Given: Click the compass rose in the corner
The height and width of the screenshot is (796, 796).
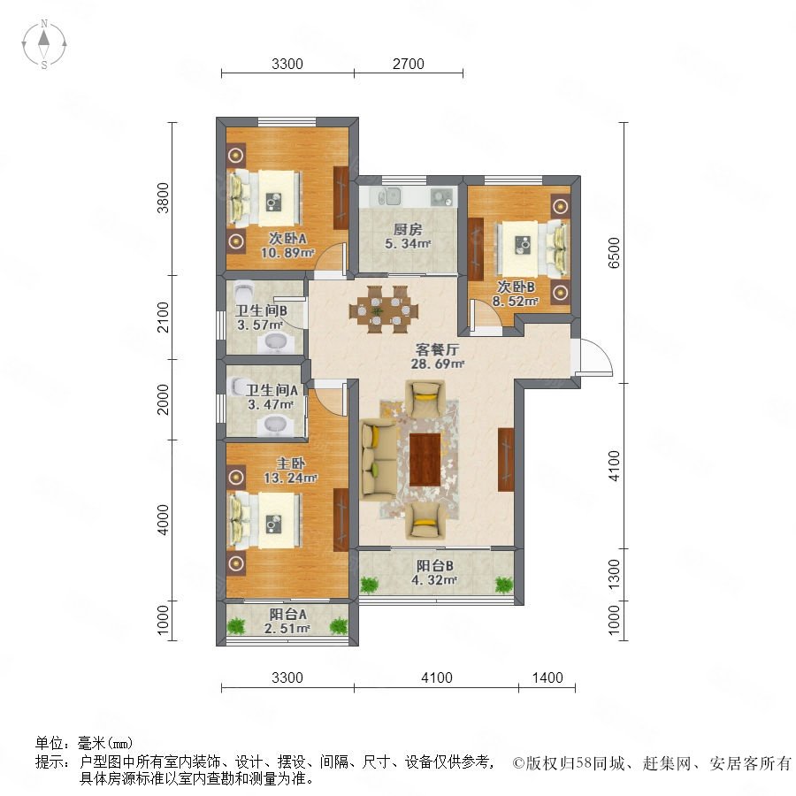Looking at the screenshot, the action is (44, 44).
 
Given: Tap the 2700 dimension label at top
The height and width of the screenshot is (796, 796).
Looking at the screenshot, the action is (408, 64).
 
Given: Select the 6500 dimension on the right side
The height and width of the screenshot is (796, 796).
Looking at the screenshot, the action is (614, 252).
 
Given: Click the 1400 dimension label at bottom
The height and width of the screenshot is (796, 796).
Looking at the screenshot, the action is (547, 677).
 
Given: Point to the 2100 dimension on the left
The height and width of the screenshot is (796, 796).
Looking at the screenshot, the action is (163, 317).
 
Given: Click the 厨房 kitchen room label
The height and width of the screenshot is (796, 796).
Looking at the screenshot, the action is (408, 229).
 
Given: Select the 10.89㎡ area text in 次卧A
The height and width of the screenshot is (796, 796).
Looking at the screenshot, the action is (287, 252).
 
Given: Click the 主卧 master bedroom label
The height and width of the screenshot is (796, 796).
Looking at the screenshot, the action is (290, 463).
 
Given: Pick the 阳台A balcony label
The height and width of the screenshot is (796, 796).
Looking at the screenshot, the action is (287, 614).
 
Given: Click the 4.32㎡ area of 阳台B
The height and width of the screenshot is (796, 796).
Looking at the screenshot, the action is (434, 579).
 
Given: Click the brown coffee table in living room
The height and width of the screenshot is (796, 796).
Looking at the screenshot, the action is (425, 459).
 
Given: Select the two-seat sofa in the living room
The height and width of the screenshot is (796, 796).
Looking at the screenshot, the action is (379, 460).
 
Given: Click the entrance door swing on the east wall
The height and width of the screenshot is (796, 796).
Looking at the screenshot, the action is (595, 357).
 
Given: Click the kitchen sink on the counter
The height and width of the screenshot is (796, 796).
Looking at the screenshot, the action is (390, 196).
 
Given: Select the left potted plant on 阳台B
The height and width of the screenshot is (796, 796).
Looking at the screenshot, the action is (370, 585).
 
